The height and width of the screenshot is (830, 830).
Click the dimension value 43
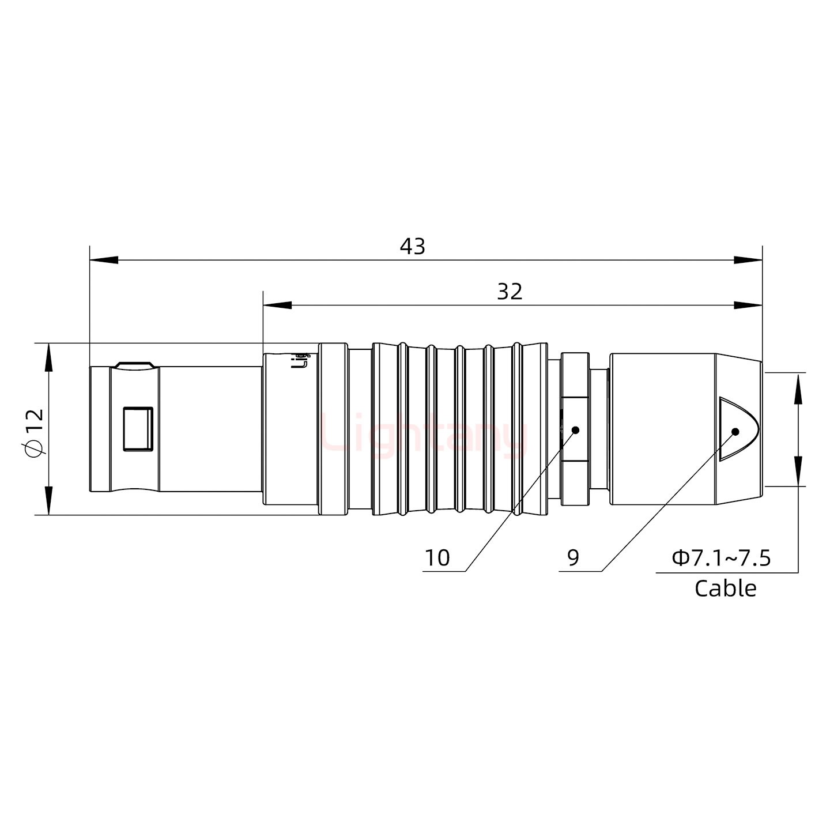[412, 246]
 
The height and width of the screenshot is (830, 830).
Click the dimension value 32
[510, 292]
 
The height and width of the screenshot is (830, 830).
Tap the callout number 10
[437, 558]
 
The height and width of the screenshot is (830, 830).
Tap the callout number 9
[573, 557]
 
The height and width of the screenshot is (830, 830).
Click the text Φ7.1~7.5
[721, 558]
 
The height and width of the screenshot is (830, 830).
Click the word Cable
[725, 588]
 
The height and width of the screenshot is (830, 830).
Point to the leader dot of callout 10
[575, 430]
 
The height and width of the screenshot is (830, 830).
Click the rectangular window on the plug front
[138, 428]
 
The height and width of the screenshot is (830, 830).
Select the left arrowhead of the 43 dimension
[104, 260]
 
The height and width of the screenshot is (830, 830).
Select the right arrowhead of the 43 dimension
[748, 260]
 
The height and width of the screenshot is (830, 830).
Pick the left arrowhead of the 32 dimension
[277, 305]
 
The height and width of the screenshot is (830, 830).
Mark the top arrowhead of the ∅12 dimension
[48, 357]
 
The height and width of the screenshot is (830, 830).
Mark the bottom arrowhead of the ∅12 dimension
[48, 500]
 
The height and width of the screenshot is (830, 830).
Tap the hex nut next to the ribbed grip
[575, 429]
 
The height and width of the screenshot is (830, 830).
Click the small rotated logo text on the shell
[300, 360]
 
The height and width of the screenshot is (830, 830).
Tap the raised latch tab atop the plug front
[134, 365]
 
